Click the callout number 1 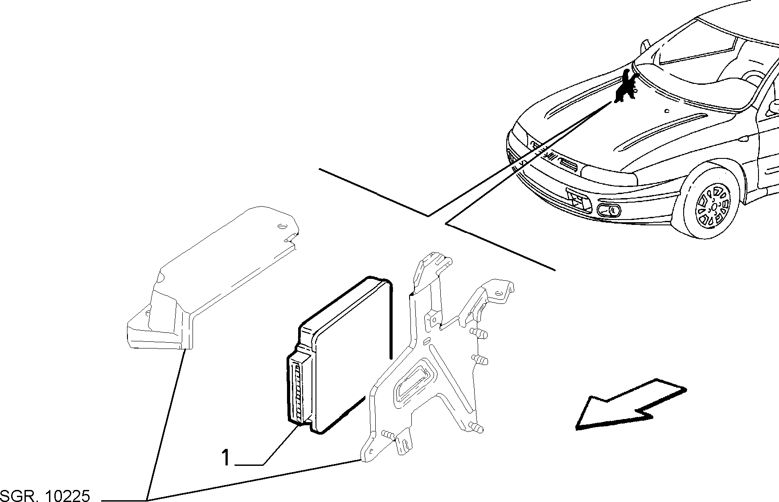226,458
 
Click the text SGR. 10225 45,496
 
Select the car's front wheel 708,203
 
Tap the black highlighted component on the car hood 625,87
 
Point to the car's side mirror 775,108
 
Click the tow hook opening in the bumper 578,199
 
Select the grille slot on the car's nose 569,165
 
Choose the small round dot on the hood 666,111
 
